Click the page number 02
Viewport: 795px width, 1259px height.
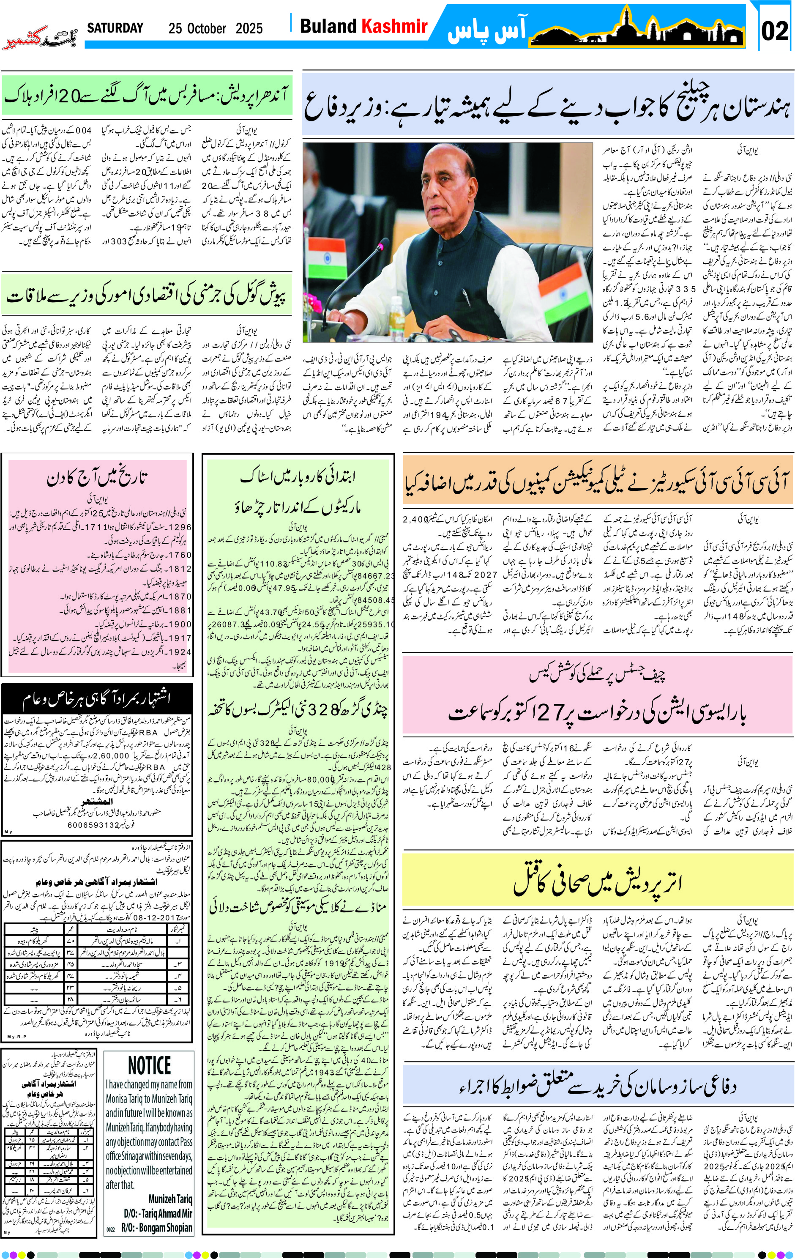(x=775, y=30)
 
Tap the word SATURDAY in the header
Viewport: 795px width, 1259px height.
(x=115, y=28)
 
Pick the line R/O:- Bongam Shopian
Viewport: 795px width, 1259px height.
(x=157, y=1227)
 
